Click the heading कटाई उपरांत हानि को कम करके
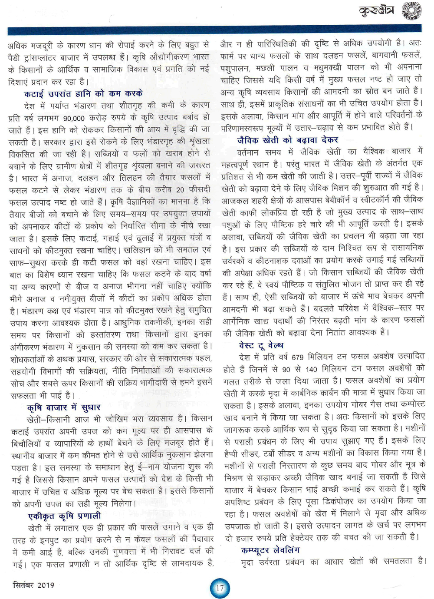tap(83, 93)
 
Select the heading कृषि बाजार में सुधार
tap(63, 407)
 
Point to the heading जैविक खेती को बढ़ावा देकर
tap(288, 140)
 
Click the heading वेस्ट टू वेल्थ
tap(261, 345)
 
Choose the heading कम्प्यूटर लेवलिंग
tap(270, 550)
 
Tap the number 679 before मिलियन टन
tap(297, 357)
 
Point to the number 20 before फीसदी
tap(180, 190)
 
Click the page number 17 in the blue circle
tap(220, 588)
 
